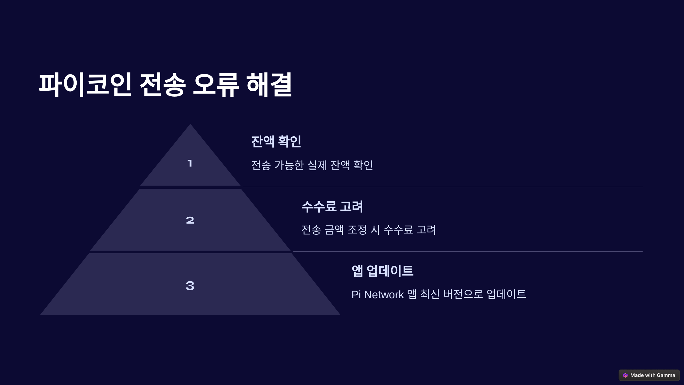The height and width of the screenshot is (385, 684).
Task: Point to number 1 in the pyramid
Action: [x=190, y=163]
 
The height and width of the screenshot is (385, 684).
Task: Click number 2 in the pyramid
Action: [x=190, y=220]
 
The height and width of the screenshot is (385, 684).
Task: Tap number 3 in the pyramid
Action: [x=190, y=286]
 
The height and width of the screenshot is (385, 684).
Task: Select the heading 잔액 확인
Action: [x=276, y=141]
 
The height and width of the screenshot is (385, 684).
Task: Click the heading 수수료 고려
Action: [x=332, y=206]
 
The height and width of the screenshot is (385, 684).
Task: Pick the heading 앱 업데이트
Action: [x=382, y=271]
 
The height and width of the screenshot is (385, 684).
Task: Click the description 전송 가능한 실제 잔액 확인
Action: [x=312, y=165]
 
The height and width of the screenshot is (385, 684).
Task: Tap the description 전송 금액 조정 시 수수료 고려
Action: [x=369, y=230]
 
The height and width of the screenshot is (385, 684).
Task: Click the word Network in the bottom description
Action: [x=384, y=295]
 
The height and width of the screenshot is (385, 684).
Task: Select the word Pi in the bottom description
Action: [x=356, y=295]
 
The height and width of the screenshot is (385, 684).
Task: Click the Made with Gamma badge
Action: [x=649, y=375]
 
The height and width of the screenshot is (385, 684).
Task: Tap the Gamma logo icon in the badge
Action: [x=625, y=375]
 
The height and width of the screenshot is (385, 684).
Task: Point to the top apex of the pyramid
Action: [x=190, y=125]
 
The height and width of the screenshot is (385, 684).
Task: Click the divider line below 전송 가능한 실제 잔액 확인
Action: [x=442, y=187]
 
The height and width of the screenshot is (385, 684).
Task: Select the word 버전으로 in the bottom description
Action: [x=463, y=294]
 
